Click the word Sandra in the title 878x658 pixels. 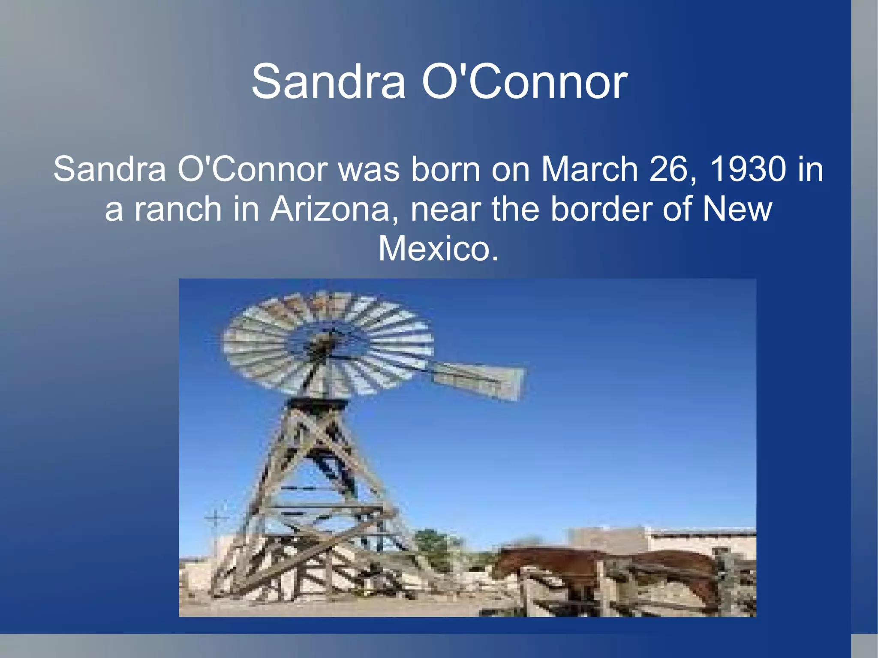tap(328, 81)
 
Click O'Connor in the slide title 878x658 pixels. tap(525, 81)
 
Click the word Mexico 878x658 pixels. tap(438, 249)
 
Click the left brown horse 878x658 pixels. tap(549, 566)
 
